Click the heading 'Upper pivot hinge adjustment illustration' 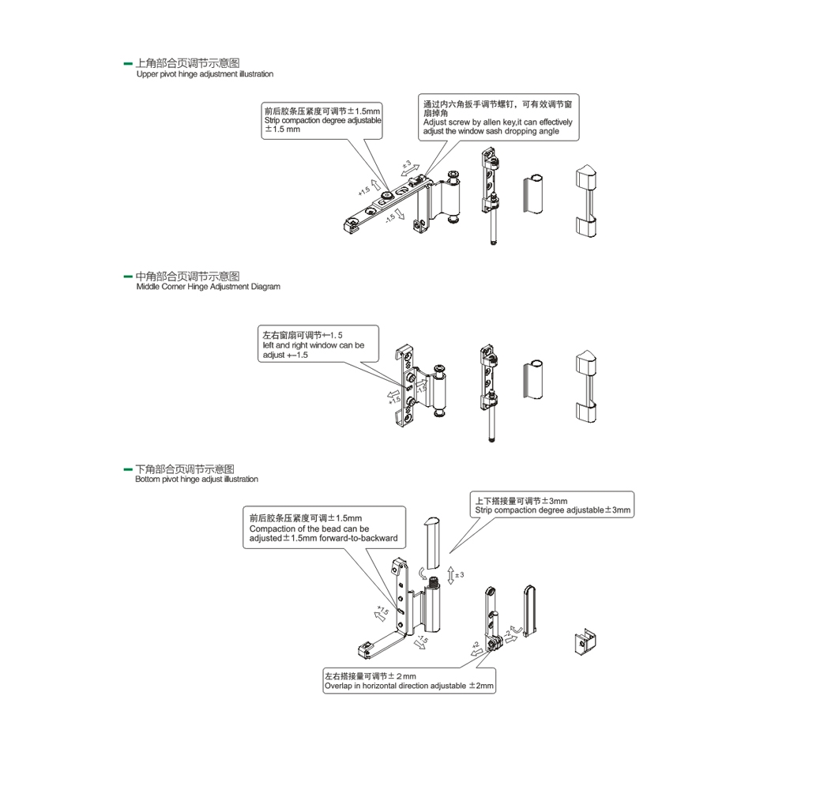pyautogui.click(x=205, y=74)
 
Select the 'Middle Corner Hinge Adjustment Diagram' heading pyautogui.click(x=208, y=287)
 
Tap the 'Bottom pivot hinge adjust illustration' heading pyautogui.click(x=197, y=480)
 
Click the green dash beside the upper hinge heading pyautogui.click(x=128, y=62)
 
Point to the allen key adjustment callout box pyautogui.click(x=499, y=118)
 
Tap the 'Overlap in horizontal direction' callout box pyautogui.click(x=409, y=681)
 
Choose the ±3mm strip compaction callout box pyautogui.click(x=553, y=506)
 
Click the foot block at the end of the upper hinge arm pyautogui.click(x=347, y=226)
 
